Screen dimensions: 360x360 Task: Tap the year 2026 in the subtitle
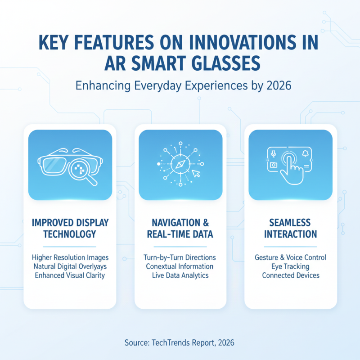pyautogui.click(x=279, y=85)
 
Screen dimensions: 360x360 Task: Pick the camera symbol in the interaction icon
pyautogui.click(x=273, y=165)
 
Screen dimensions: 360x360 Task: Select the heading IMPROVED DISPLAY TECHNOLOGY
pyautogui.click(x=70, y=229)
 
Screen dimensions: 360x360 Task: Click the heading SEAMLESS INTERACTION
pyautogui.click(x=290, y=229)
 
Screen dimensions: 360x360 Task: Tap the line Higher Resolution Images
pyautogui.click(x=70, y=258)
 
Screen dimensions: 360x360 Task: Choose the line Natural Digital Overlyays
pyautogui.click(x=70, y=266)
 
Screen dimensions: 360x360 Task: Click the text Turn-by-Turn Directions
pyautogui.click(x=180, y=258)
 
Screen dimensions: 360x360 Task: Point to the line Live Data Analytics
pyautogui.click(x=180, y=275)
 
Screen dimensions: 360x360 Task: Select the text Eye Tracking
pyautogui.click(x=290, y=266)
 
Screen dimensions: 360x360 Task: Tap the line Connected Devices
pyautogui.click(x=290, y=275)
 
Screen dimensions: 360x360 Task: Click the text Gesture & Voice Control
pyautogui.click(x=290, y=258)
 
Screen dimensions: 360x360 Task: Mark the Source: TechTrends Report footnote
pyautogui.click(x=180, y=343)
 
